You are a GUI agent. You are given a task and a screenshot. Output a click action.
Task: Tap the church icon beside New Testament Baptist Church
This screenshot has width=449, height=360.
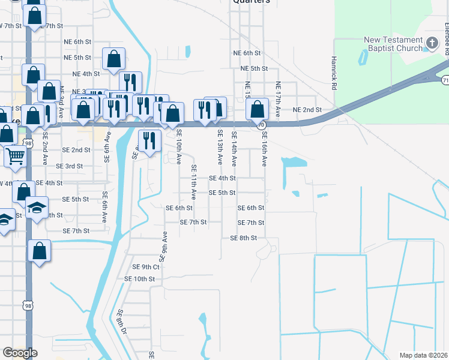pyautogui.click(x=432, y=42)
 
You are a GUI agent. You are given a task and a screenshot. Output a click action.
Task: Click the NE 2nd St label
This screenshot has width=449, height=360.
pyautogui.click(x=307, y=110)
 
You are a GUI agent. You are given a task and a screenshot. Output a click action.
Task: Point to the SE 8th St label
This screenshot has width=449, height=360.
pyautogui.click(x=243, y=238)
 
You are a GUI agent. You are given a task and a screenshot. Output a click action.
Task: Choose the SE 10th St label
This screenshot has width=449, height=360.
pyautogui.click(x=139, y=279)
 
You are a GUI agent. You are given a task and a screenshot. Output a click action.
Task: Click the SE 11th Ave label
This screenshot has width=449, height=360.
pyautogui.click(x=193, y=182)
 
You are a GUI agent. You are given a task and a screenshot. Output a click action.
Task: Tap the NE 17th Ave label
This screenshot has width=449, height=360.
pyautogui.click(x=278, y=100)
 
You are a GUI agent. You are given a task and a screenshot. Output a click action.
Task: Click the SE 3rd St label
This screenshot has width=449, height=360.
pyautogui.click(x=69, y=166)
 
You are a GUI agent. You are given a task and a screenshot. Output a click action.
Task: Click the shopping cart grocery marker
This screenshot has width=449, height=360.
pyautogui.click(x=15, y=156)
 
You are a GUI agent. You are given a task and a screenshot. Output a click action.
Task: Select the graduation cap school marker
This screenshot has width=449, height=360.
pyautogui.click(x=37, y=208)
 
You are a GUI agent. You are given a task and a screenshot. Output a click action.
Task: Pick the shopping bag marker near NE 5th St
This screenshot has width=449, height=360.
pyautogui.click(x=113, y=59)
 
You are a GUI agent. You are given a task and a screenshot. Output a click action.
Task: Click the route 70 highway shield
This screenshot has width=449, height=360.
pyautogui.click(x=261, y=125)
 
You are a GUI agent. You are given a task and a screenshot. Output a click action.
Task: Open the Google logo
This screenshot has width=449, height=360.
pyautogui.click(x=20, y=353)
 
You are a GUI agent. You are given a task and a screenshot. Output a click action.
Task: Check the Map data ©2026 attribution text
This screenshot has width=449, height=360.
pyautogui.click(x=423, y=355)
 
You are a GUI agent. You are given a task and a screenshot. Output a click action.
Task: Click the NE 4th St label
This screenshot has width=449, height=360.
pyautogui.click(x=86, y=74)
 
